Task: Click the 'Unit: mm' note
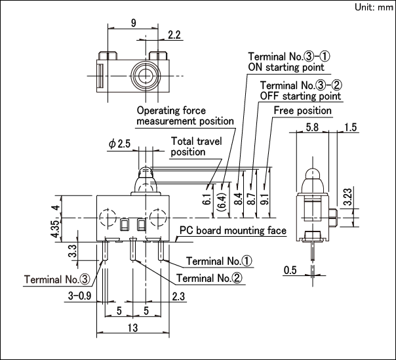click(x=374, y=7)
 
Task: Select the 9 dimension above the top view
click(x=133, y=23)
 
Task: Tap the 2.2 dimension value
click(x=174, y=35)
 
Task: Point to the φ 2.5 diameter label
click(x=119, y=144)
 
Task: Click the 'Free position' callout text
click(x=302, y=111)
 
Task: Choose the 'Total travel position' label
click(x=196, y=146)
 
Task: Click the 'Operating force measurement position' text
click(x=185, y=115)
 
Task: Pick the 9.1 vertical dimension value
click(x=266, y=199)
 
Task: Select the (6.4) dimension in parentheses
click(x=222, y=201)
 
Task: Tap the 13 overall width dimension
click(x=132, y=328)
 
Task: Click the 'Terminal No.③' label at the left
click(x=57, y=279)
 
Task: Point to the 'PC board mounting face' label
click(x=233, y=230)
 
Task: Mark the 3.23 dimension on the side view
click(x=347, y=197)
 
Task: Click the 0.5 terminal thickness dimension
click(x=290, y=270)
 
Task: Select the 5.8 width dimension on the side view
click(x=312, y=127)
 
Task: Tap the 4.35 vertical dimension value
click(x=56, y=229)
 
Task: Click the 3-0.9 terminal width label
click(x=79, y=296)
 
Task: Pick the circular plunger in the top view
click(x=146, y=75)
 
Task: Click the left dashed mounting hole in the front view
click(x=108, y=217)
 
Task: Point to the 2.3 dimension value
click(x=178, y=296)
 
